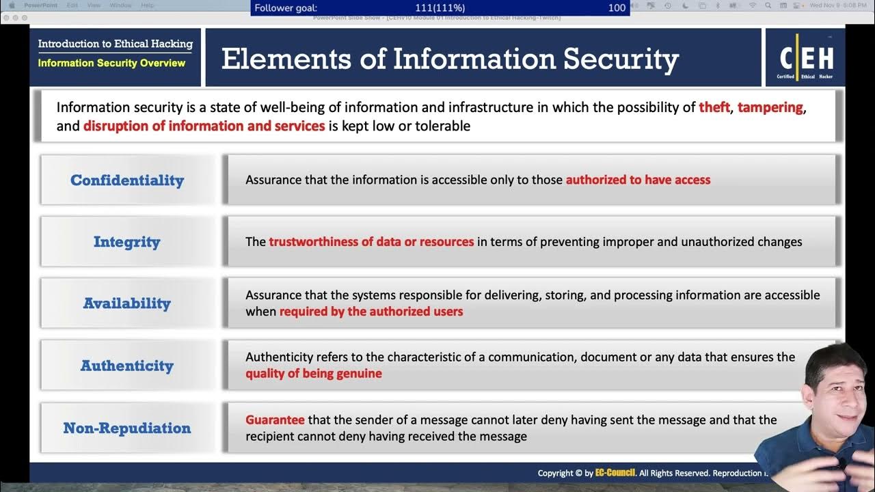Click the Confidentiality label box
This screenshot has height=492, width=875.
(127, 180)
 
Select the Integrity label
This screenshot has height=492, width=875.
(127, 242)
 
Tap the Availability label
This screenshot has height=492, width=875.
(127, 303)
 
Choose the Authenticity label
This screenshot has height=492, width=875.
(127, 366)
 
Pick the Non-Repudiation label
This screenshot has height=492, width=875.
(127, 428)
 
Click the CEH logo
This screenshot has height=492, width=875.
(805, 58)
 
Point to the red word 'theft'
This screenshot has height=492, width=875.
(714, 107)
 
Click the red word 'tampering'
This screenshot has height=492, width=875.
(770, 107)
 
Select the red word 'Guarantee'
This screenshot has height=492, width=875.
(275, 420)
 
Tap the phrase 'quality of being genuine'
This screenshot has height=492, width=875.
(314, 373)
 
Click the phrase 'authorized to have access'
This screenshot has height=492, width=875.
(638, 180)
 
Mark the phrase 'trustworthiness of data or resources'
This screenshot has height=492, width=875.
(371, 241)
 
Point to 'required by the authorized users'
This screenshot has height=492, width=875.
(371, 312)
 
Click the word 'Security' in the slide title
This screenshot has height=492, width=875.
(621, 59)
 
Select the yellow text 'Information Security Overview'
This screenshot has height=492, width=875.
(111, 63)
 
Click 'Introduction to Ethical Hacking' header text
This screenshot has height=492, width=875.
(115, 44)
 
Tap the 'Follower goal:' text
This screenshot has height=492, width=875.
(286, 8)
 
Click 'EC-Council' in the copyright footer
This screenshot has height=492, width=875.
(615, 473)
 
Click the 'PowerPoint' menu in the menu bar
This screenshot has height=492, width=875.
(41, 5)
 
